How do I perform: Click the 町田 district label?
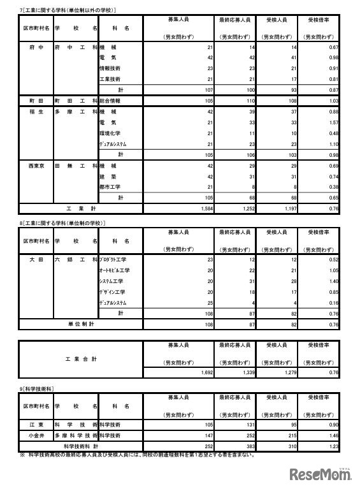(x=36, y=101)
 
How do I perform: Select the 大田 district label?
(x=36, y=259)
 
